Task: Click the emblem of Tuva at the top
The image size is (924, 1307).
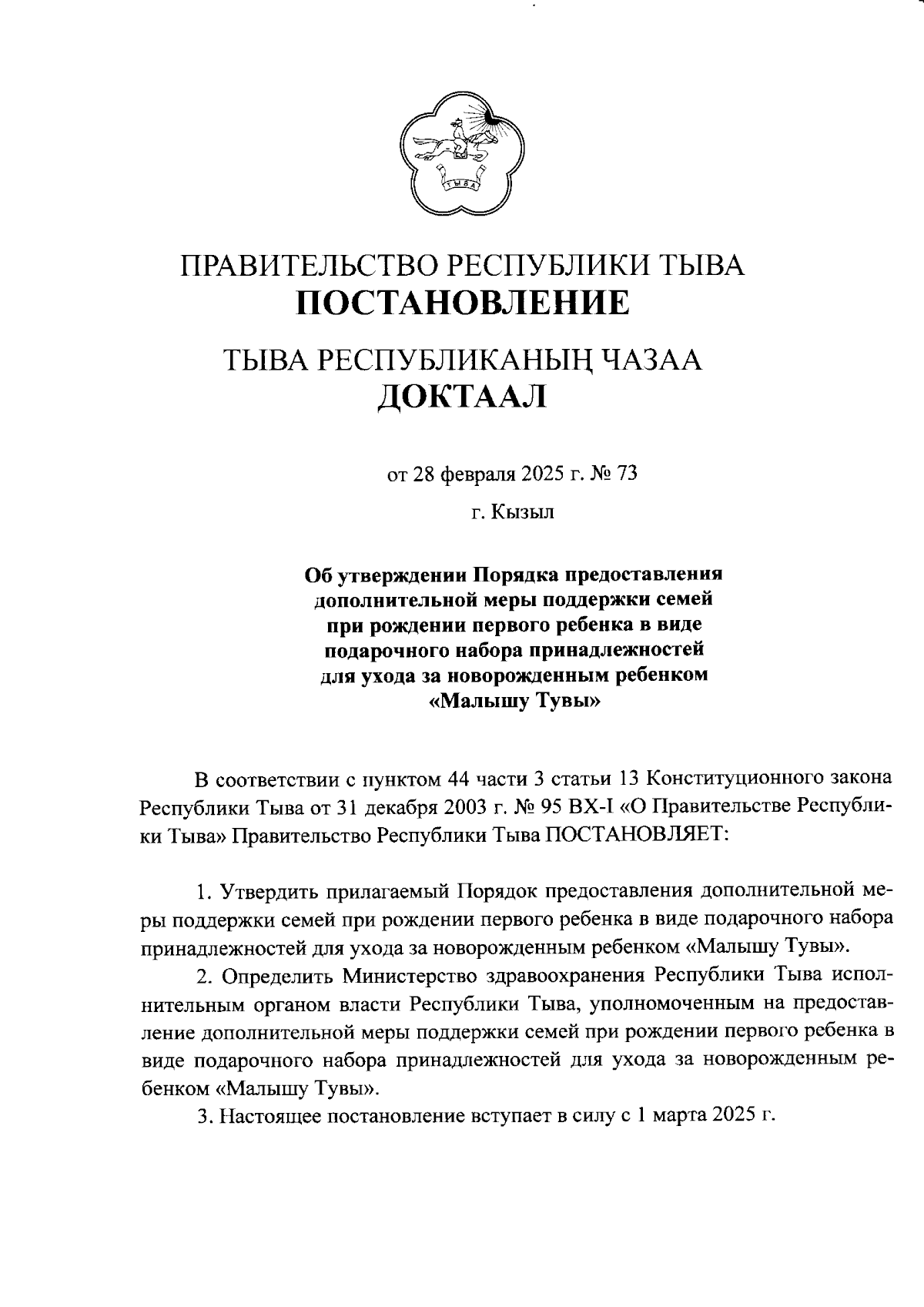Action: [x=462, y=154]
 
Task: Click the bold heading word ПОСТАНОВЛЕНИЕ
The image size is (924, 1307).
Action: [x=463, y=303]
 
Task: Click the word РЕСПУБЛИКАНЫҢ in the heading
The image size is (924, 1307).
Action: [x=456, y=360]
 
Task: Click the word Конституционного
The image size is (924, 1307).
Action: [x=738, y=780]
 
